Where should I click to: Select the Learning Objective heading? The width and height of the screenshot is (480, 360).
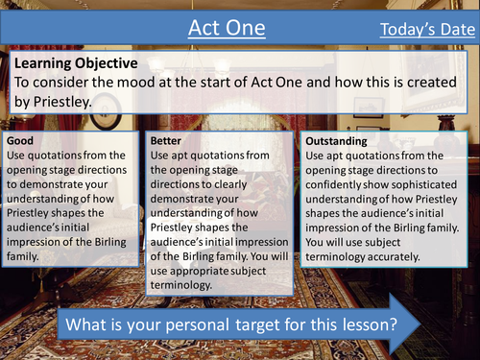click(76, 62)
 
